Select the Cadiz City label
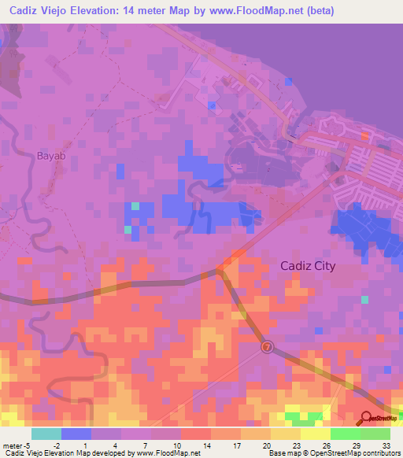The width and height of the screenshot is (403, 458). point(308,266)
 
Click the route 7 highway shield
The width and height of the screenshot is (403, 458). point(268,346)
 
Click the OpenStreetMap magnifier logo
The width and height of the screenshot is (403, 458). point(368,418)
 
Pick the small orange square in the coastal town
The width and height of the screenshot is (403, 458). point(364,135)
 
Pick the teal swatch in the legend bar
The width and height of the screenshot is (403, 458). point(46,434)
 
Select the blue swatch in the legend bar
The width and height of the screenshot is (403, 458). point(76,434)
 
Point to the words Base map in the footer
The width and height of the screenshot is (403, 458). point(283,453)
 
